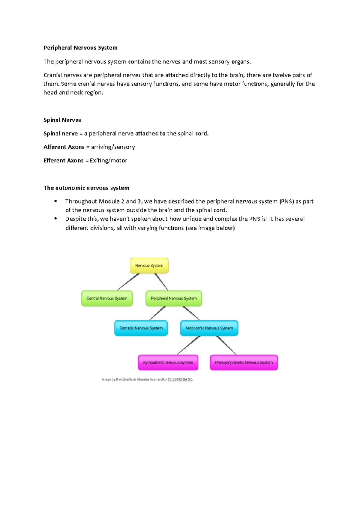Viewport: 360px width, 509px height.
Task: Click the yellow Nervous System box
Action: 149,266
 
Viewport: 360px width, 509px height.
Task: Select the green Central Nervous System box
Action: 107,298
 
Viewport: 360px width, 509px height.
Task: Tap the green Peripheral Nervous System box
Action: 174,298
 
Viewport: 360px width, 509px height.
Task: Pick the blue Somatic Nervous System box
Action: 141,328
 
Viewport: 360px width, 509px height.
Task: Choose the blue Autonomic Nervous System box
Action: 209,328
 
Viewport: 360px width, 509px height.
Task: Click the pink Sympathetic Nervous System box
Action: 168,362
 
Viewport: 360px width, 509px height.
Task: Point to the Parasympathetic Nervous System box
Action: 244,362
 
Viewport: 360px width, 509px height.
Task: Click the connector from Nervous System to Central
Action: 128,282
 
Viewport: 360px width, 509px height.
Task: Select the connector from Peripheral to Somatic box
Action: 157,313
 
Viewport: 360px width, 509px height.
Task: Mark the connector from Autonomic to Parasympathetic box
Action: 226,345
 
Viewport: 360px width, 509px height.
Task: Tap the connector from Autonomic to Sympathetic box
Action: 189,345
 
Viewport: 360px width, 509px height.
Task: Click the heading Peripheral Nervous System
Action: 80,48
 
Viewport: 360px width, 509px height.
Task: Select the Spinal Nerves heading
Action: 62,120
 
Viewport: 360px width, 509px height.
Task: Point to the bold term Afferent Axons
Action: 64,147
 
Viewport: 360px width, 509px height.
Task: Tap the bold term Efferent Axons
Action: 64,160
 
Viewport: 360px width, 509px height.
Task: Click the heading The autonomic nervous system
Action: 86,188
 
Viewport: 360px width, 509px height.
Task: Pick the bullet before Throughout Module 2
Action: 55,201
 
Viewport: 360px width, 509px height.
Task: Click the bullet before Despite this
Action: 55,219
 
